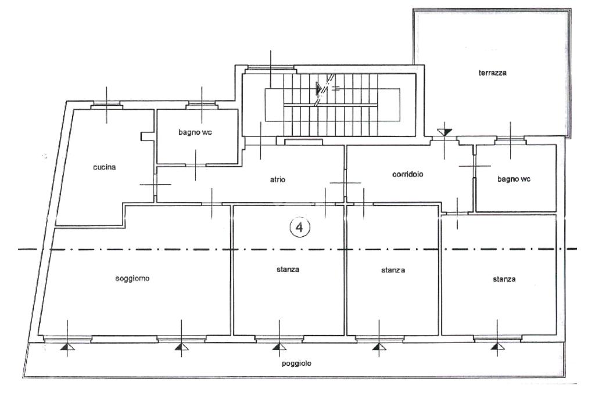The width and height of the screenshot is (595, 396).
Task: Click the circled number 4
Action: pos(300,228)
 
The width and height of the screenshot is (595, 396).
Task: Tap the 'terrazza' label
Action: pos(493,73)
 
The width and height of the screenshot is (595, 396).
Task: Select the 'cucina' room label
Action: pos(105,167)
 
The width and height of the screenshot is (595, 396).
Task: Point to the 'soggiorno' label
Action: pos(132,279)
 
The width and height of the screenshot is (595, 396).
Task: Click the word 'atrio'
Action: pos(278,179)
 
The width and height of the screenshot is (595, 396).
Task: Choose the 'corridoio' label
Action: pos(407,174)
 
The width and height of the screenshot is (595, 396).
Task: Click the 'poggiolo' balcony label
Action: pos(296,363)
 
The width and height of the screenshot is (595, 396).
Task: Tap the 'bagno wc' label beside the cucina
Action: pos(195,132)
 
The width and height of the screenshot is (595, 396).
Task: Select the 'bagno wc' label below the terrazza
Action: pos(514,179)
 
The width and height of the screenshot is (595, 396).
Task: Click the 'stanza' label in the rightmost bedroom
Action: pos(504,279)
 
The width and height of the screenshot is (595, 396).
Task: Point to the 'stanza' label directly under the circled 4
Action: pos(288,269)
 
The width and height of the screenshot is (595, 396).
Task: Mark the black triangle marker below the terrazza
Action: pos(445,132)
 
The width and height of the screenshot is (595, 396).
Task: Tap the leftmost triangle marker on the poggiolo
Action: pos(67,347)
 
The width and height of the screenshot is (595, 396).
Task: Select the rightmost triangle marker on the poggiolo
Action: pos(497,347)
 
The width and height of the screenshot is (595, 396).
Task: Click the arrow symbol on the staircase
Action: pos(320,89)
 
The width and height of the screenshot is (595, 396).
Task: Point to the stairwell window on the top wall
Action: pos(270,69)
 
